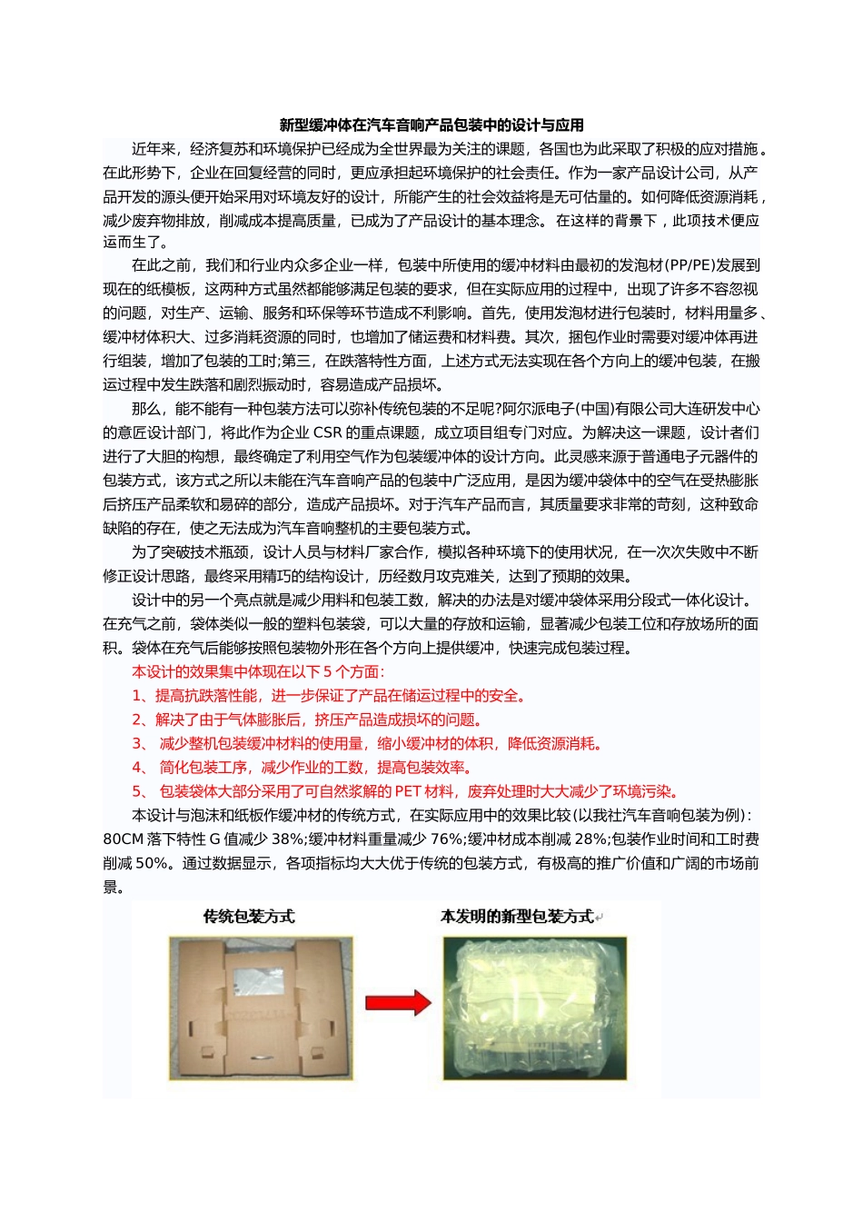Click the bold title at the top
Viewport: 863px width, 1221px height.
point(431,125)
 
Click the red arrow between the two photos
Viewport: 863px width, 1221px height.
point(398,1003)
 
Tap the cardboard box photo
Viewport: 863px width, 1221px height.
point(260,1008)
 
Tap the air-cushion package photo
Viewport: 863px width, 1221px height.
point(534,1008)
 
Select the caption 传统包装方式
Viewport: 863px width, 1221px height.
point(249,917)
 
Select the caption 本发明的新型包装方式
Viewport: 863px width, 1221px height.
point(517,917)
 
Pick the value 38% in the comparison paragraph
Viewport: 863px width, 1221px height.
point(288,839)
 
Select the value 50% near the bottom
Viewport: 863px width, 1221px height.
point(153,863)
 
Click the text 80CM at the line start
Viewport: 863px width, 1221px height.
point(124,839)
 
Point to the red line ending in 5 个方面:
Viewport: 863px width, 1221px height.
point(258,672)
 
